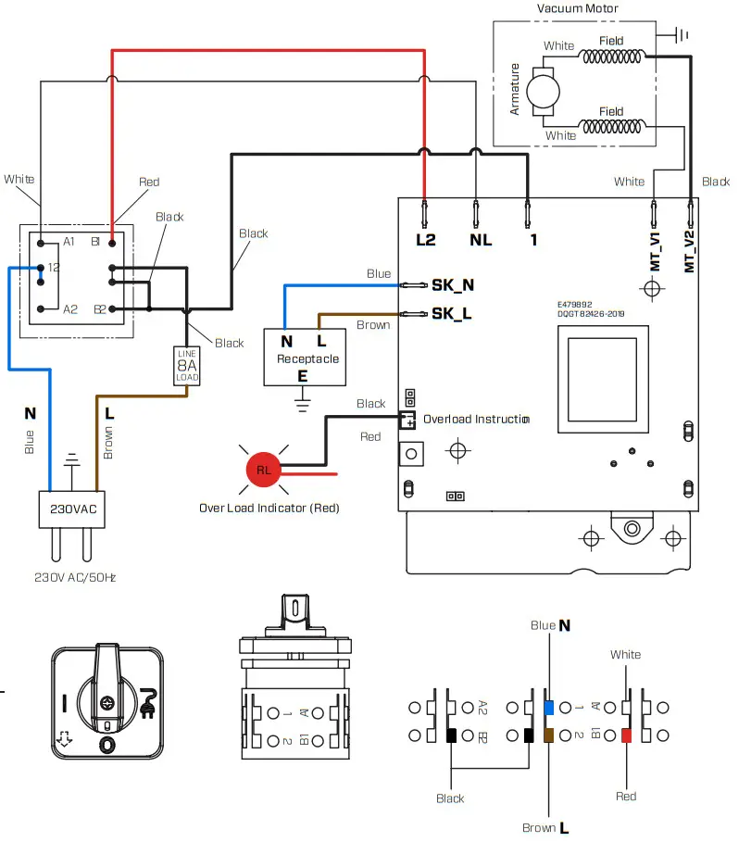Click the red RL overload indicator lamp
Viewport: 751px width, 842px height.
coord(264,470)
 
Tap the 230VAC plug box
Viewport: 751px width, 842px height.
coord(66,509)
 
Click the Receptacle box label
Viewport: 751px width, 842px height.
coord(307,358)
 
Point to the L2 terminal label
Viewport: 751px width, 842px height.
coord(425,239)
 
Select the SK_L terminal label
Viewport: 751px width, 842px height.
coord(452,313)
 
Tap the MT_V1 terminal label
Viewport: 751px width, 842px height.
coord(655,250)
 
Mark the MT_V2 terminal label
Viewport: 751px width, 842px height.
coord(690,250)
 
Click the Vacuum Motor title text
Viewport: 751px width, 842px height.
coord(577,8)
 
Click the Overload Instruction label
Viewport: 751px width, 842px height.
coord(476,419)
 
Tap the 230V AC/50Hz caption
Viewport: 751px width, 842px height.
coord(75,577)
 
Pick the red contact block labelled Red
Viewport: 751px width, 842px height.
coord(627,736)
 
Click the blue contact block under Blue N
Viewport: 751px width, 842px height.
coord(549,708)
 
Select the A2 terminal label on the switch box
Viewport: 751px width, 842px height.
coord(70,309)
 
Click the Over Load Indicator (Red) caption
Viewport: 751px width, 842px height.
coord(269,509)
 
